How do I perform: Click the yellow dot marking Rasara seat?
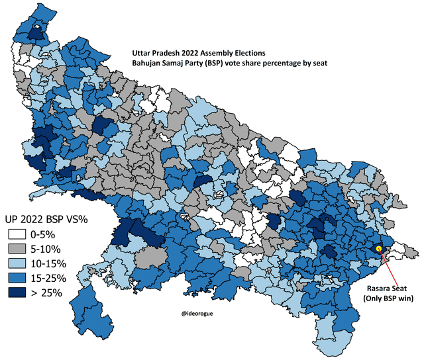pos(378,248)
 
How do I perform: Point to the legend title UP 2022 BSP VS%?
pos(48,218)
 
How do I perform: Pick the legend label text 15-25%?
pos(50,278)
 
